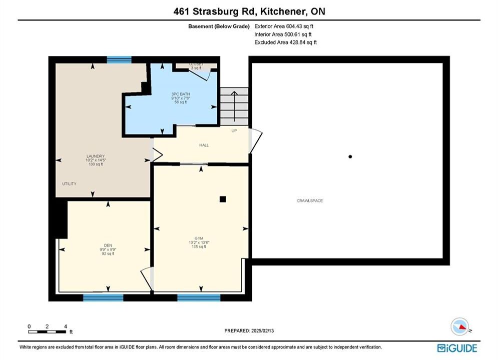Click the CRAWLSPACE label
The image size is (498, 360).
point(310,200)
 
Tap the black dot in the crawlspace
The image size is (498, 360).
point(350,156)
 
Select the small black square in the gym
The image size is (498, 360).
point(223,199)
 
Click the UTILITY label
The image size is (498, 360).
point(69,183)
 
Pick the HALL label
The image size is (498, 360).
point(204,145)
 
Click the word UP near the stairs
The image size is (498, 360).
point(234,130)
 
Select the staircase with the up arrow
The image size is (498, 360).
point(234,106)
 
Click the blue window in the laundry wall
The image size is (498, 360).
point(119,59)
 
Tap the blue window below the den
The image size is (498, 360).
point(103,297)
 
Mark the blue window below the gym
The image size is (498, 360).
point(199,297)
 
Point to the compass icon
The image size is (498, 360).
point(459,326)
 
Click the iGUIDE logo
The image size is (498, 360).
point(457,348)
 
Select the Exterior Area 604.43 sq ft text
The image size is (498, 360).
point(284,26)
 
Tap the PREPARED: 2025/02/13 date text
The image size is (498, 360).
point(249,330)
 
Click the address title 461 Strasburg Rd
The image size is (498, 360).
point(214,11)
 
